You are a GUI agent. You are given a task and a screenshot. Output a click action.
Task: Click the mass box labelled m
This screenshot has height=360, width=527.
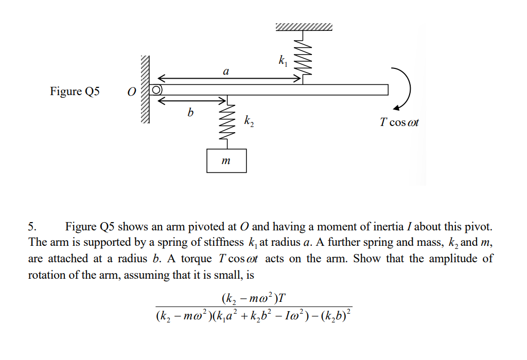pyautogui.click(x=226, y=160)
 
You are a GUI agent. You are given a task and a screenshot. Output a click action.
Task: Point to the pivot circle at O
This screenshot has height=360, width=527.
pyautogui.click(x=156, y=90)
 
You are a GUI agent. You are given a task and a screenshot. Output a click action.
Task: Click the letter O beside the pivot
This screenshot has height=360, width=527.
pyautogui.click(x=132, y=92)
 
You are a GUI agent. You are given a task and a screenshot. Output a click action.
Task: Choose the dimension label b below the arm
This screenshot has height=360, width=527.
pyautogui.click(x=190, y=112)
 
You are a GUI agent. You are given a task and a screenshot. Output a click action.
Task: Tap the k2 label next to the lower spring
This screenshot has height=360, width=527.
pyautogui.click(x=249, y=122)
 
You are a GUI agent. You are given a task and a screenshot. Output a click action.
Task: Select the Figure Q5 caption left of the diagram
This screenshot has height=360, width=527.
pyautogui.click(x=75, y=92)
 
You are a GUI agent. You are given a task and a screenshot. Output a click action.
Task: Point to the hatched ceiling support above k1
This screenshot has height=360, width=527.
pyautogui.click(x=304, y=27)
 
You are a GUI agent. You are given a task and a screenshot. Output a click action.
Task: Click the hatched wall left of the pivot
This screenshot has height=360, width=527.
pyautogui.click(x=145, y=90)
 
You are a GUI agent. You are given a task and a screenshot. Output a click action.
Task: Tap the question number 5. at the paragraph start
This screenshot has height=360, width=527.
pyautogui.click(x=32, y=227)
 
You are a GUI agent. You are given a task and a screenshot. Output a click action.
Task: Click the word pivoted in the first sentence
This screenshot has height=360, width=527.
pyautogui.click(x=206, y=227)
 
